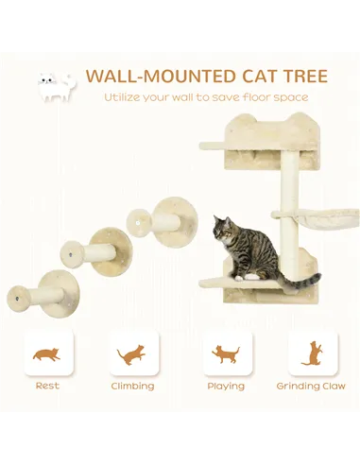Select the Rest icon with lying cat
(46, 353)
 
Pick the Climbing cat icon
(132, 353)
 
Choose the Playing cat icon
(226, 353)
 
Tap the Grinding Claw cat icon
(311, 353)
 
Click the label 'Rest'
(46, 386)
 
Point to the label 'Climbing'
(132, 386)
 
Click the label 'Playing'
(226, 386)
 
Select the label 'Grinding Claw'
(311, 386)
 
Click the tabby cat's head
(223, 229)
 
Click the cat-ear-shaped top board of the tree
(254, 133)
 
